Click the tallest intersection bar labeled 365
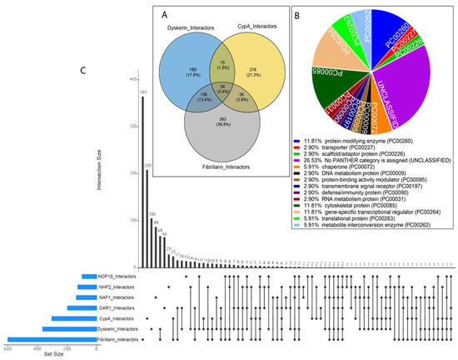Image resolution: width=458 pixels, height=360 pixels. (x=142, y=183)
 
